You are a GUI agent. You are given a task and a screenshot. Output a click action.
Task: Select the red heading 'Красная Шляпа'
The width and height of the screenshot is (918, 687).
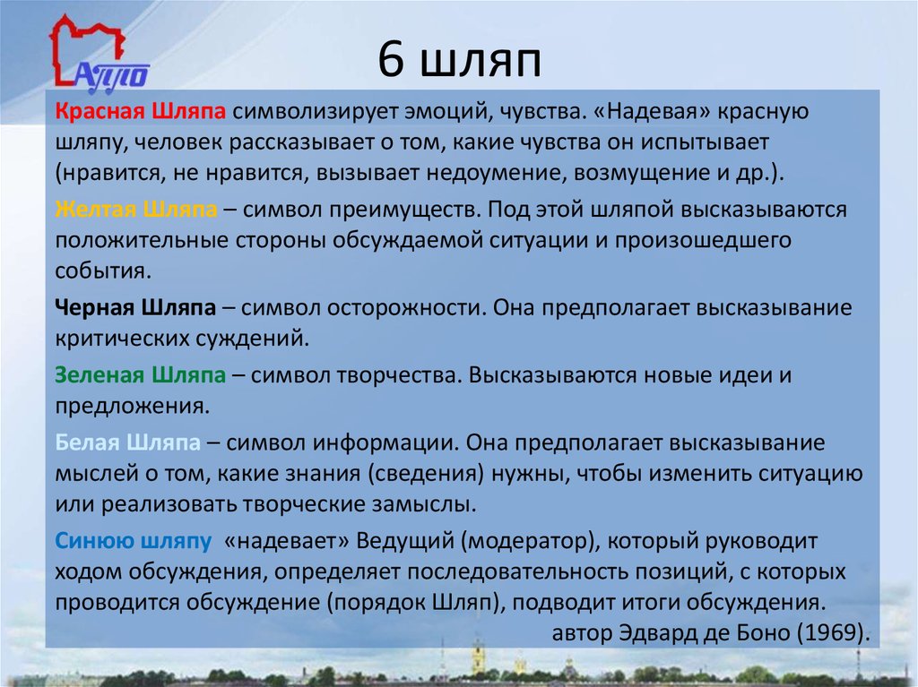(138, 111)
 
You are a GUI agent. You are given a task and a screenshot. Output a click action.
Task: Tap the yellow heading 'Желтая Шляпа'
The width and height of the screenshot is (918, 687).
(135, 210)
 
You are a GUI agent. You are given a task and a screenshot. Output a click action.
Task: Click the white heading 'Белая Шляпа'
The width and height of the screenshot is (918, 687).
(127, 442)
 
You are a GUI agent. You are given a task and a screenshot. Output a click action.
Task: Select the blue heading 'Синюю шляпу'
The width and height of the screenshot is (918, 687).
(133, 541)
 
